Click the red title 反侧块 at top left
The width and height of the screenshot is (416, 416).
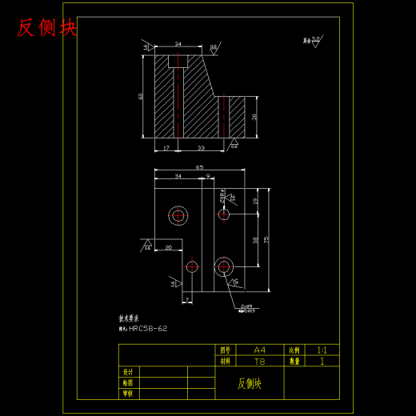pos(47,28)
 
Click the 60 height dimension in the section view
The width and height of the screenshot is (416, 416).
pos(142,96)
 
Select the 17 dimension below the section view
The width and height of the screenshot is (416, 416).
pos(165,147)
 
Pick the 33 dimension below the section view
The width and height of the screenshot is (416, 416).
pos(200,147)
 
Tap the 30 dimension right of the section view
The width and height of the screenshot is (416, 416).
pos(254,116)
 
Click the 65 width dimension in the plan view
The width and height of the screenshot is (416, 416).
pos(198,167)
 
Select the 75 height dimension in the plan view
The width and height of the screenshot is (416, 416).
pos(266,239)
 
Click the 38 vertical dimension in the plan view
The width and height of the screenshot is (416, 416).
pos(255,239)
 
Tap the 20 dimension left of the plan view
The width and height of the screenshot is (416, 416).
pos(168,247)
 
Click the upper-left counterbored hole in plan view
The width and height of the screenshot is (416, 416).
pos(178,214)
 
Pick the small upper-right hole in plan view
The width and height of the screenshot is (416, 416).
pos(224,214)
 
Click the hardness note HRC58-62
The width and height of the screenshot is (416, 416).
pos(147,328)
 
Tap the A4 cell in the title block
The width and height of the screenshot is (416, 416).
pos(258,350)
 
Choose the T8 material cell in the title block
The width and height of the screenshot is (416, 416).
pos(258,361)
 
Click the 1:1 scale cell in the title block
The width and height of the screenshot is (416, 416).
pos(322,350)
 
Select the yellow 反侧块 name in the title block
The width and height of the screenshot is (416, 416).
pos(250,383)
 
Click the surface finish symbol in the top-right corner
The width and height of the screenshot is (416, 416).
pos(312,41)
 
